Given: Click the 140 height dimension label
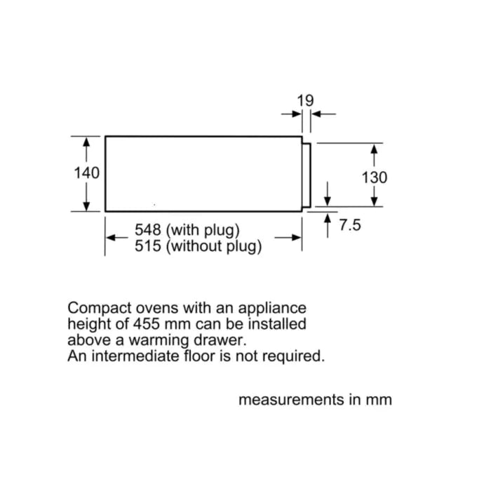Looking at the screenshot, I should pyautogui.click(x=87, y=173).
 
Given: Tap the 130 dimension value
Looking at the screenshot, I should pyautogui.click(x=374, y=177).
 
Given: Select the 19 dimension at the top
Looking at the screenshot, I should pyautogui.click(x=305, y=100).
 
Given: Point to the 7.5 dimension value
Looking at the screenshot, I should pyautogui.click(x=349, y=226).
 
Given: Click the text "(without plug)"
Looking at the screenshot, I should pyautogui.click(x=215, y=246).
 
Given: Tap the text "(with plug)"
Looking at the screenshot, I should pyautogui.click(x=203, y=230).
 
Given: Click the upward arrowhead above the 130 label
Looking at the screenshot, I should pyautogui.click(x=375, y=149).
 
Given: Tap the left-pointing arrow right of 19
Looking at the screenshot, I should pyautogui.click(x=317, y=114).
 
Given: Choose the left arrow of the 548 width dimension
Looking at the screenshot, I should pyautogui.click(x=111, y=238).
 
